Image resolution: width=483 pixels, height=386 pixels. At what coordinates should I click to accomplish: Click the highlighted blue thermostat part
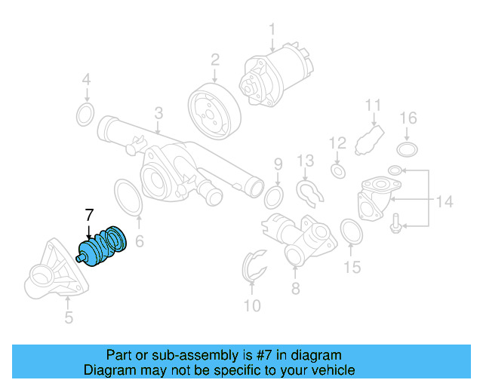click(x=104, y=247)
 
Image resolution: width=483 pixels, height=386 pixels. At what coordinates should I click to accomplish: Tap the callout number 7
click(x=88, y=213)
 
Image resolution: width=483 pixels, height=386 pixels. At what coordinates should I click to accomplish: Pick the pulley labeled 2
click(x=214, y=110)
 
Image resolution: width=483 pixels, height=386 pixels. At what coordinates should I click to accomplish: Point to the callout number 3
click(x=158, y=113)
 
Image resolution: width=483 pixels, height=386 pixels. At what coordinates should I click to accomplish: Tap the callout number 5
click(x=69, y=317)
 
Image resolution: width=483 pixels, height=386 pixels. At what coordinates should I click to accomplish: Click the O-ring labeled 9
click(x=275, y=198)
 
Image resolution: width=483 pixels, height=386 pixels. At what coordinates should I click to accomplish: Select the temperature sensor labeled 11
click(x=371, y=138)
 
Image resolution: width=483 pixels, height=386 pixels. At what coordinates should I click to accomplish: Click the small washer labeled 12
click(x=337, y=172)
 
